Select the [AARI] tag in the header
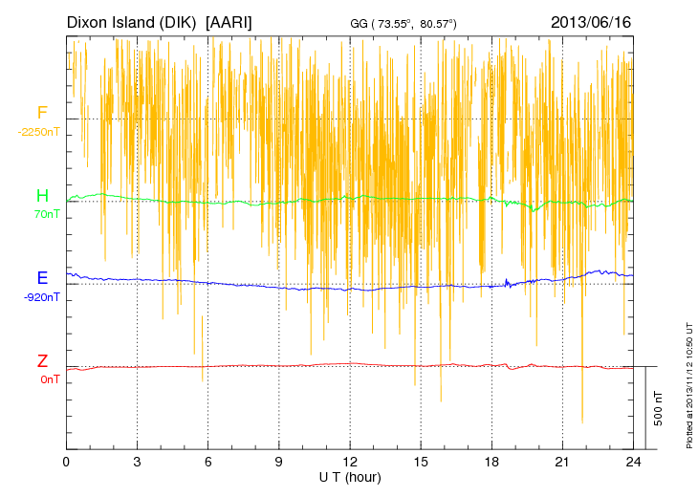[x=229, y=21]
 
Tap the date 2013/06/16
[x=591, y=21]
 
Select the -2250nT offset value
[x=38, y=132]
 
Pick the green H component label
[x=42, y=196]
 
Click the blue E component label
[x=42, y=278]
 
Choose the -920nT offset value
[x=42, y=296]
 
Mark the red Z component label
[x=42, y=361]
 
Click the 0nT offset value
[x=49, y=379]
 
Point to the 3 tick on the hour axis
[x=137, y=462]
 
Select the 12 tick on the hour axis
[x=350, y=462]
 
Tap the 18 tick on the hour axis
[x=492, y=462]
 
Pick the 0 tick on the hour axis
[x=66, y=462]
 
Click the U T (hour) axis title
[x=350, y=477]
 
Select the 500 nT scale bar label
[x=659, y=408]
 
